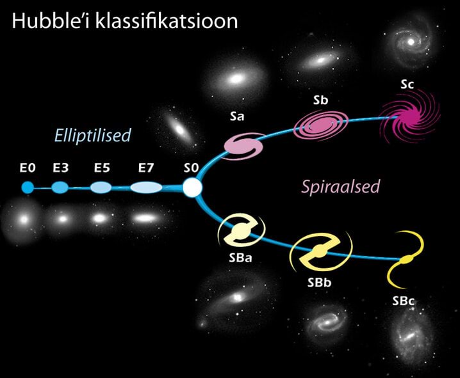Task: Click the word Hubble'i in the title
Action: click(52, 21)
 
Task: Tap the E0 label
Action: click(28, 168)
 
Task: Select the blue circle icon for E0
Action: click(28, 187)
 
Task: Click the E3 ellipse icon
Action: click(60, 187)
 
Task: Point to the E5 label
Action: click(102, 168)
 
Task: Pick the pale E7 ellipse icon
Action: click(146, 187)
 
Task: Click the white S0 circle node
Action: click(192, 187)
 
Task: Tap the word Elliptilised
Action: click(93, 136)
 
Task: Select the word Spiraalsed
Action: click(341, 187)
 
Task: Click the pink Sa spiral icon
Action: click(243, 146)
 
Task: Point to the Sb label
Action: click(320, 100)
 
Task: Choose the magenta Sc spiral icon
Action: click(411, 118)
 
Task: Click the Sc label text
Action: click(407, 84)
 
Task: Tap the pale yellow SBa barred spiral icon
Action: click(242, 230)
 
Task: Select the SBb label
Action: click(319, 283)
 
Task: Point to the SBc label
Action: click(404, 301)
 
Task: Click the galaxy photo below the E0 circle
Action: click(24, 219)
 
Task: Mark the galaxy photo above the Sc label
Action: click(410, 42)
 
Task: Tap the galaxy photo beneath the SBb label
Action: click(325, 322)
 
